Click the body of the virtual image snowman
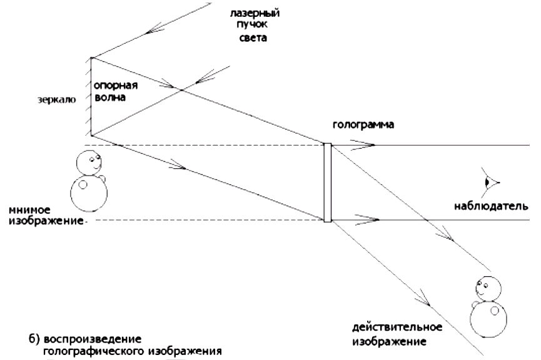(88, 194)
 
